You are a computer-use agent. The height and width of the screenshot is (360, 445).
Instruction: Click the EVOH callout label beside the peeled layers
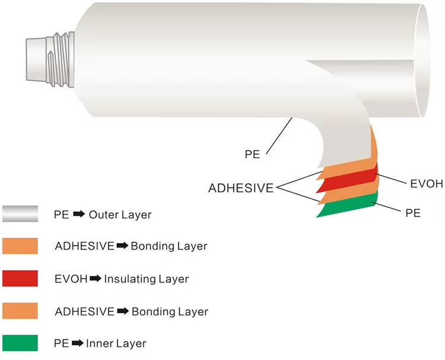(426, 183)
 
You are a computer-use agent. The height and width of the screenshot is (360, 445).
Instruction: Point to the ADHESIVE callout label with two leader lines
(240, 189)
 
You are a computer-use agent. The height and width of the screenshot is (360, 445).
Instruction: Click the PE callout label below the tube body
(253, 154)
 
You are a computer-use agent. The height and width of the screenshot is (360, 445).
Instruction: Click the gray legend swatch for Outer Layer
(20, 214)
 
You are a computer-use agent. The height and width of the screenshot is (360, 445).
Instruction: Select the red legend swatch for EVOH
(20, 278)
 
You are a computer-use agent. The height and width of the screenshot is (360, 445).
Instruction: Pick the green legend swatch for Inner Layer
(20, 343)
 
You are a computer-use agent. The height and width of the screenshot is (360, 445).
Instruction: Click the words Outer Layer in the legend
(120, 215)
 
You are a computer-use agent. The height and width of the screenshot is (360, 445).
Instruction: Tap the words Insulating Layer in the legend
(146, 279)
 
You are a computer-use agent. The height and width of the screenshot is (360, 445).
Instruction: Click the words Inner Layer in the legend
(117, 343)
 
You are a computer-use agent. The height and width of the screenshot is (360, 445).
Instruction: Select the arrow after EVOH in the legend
(95, 279)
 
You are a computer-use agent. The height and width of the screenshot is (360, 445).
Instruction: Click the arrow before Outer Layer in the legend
(79, 215)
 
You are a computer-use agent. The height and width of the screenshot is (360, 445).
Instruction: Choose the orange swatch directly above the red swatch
(20, 246)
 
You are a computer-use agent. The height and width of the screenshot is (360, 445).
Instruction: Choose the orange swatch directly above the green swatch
(20, 311)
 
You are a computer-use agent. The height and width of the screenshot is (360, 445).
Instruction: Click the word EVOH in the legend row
(71, 279)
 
